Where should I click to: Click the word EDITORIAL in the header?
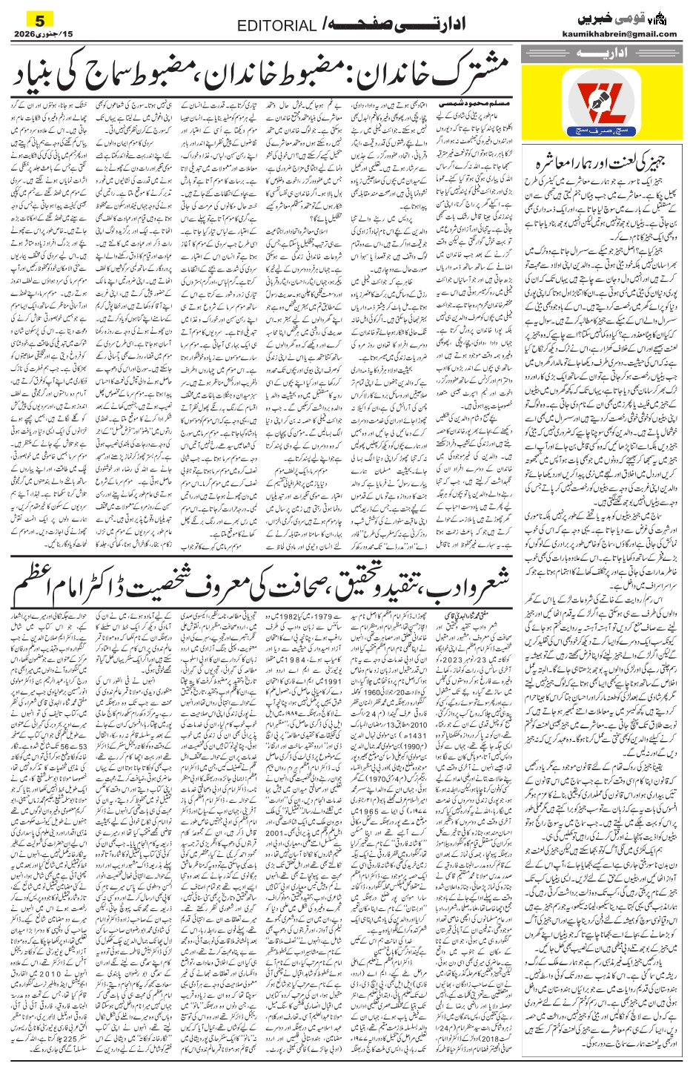pos(282,26)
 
